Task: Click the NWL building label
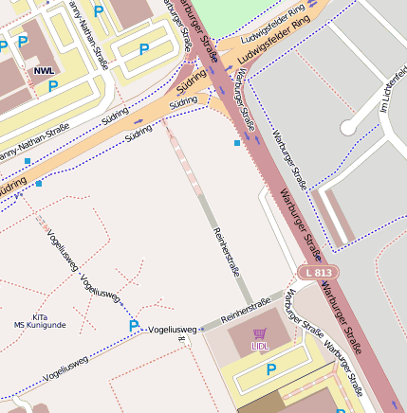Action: [44, 70]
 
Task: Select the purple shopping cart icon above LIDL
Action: [260, 333]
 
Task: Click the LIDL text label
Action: [260, 347]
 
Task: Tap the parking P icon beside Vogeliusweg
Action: [134, 326]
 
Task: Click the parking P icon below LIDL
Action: [270, 369]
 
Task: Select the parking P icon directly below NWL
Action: [53, 86]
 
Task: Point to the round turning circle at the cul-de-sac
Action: [349, 127]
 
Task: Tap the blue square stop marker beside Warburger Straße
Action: [237, 142]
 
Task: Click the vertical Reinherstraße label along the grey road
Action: [228, 252]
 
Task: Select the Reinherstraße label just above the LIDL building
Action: [240, 312]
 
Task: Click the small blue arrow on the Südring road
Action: [139, 121]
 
